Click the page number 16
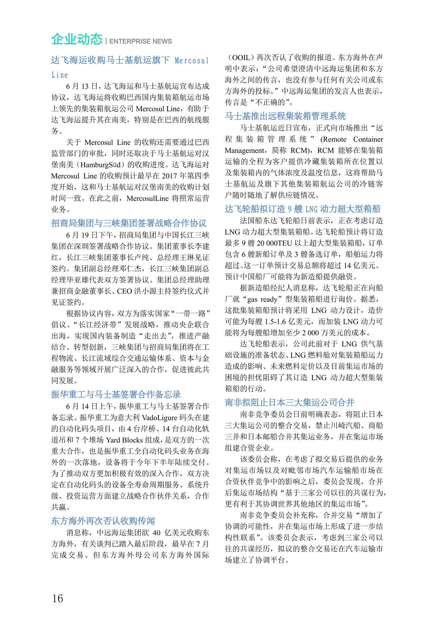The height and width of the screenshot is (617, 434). click(58, 598)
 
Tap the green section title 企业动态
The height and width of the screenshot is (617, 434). click(77, 39)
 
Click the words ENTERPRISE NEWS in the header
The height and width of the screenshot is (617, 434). click(140, 41)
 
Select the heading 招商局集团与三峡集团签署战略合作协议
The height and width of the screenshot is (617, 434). click(129, 223)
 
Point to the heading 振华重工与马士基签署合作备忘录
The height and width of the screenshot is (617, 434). click(116, 394)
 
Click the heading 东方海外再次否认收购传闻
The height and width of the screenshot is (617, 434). click(103, 521)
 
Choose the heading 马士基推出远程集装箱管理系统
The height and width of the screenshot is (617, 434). click(285, 116)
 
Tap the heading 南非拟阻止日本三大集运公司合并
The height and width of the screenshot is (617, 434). click(289, 402)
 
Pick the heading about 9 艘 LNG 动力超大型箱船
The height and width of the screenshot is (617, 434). click(303, 209)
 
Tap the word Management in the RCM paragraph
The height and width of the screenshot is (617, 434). click(245, 150)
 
